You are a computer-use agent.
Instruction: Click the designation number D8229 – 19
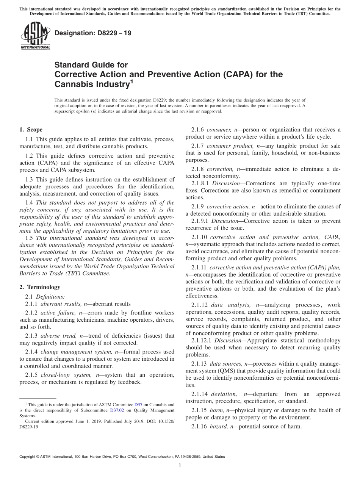pos(93,33)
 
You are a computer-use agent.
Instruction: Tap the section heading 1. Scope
pos(31,130)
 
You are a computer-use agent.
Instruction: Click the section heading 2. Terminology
pos(40,287)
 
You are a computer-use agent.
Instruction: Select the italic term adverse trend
pos(59,336)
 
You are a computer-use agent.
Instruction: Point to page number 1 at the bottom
pos(180,466)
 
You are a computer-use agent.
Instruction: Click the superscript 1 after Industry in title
pos(131,81)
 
